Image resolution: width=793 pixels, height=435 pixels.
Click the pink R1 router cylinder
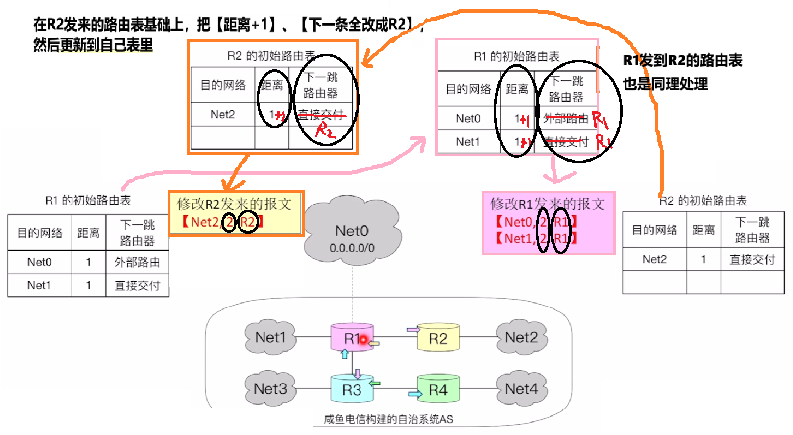pyautogui.click(x=351, y=337)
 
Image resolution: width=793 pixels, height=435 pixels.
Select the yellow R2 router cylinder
pyautogui.click(x=438, y=338)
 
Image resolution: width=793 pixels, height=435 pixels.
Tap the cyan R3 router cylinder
pyautogui.click(x=351, y=389)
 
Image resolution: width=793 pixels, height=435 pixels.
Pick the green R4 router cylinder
pyautogui.click(x=438, y=389)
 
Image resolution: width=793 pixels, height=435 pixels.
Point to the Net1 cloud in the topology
pyautogui.click(x=270, y=337)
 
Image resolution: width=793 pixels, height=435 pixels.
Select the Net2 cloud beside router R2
pyautogui.click(x=521, y=337)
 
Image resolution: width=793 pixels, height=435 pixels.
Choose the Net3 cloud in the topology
pyautogui.click(x=270, y=389)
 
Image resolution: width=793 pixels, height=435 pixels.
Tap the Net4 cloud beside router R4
pyautogui.click(x=521, y=389)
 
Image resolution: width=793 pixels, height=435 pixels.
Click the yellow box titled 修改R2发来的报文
pyautogui.click(x=235, y=213)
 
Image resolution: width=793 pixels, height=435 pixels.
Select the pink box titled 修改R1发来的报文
pyautogui.click(x=548, y=222)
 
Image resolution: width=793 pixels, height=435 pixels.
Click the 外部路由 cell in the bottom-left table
pyautogui.click(x=137, y=262)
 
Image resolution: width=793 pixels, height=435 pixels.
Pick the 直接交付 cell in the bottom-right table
pyautogui.click(x=752, y=259)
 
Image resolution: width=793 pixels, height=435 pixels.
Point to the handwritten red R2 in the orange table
pyautogui.click(x=325, y=130)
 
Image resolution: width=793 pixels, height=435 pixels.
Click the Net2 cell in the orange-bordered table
pyautogui.click(x=222, y=115)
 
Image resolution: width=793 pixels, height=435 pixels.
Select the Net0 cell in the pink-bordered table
pyautogui.click(x=468, y=119)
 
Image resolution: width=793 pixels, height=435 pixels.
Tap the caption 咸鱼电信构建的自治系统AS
pyautogui.click(x=388, y=419)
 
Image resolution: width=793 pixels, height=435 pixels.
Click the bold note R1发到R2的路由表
pyautogui.click(x=682, y=60)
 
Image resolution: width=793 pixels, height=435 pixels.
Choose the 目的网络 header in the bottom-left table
pyautogui.click(x=40, y=233)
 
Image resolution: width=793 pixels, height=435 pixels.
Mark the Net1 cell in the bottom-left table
pyautogui.click(x=39, y=285)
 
